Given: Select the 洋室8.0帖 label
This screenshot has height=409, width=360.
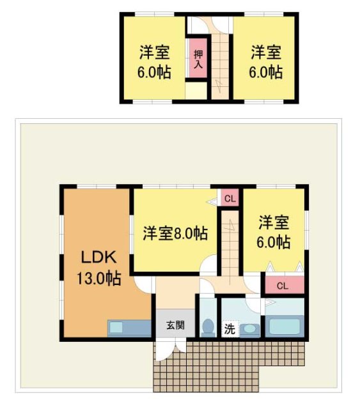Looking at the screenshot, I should [x=175, y=233].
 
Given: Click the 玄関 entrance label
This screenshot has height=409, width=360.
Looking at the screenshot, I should [x=175, y=325].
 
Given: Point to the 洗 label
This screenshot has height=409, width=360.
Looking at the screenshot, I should [x=228, y=330].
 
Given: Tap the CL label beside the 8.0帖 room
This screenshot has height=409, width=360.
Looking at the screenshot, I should [x=230, y=199].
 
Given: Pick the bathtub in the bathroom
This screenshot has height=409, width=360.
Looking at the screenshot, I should [x=285, y=327].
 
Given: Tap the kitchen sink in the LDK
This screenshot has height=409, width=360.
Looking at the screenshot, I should [x=116, y=327].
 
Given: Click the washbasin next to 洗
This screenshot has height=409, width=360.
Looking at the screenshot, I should [x=250, y=330].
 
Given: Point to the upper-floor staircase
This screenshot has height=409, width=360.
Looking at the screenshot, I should [x=221, y=64].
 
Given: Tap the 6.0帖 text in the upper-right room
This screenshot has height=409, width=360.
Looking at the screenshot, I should [x=265, y=72].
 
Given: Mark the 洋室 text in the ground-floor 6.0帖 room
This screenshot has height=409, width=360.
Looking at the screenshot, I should [x=274, y=223].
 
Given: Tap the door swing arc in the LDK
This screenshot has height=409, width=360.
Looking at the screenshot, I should [x=143, y=286].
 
